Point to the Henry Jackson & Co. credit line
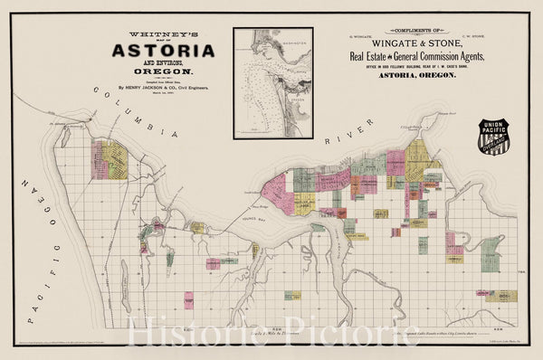point(164,88)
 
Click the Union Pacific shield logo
point(498,136)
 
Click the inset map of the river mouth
point(272,82)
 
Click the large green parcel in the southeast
point(491,252)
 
